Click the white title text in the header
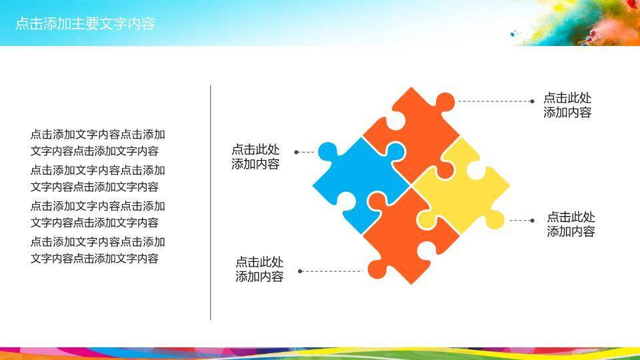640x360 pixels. coord(85,24)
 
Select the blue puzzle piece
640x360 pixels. coord(359,184)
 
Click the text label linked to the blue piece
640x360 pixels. coord(255,157)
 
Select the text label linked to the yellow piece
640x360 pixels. coord(571,224)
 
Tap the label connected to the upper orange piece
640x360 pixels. coord(567,105)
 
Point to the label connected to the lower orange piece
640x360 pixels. coord(259,269)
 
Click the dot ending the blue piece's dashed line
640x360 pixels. coord(296,152)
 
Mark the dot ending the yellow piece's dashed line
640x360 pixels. coord(532,221)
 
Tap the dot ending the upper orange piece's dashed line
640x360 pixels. coord(532,101)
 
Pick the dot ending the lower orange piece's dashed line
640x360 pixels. coord(300,271)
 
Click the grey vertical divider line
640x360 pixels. coord(211,203)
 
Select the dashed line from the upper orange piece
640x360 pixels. coord(494,101)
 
